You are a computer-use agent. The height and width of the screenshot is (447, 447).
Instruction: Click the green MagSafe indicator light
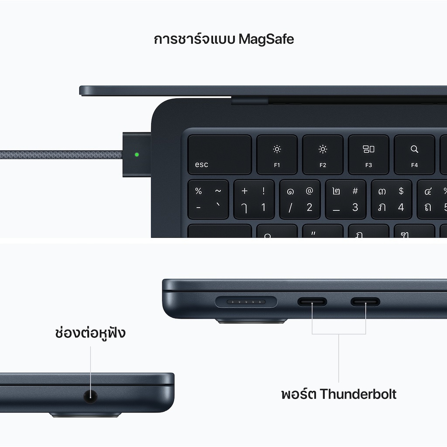click(137, 155)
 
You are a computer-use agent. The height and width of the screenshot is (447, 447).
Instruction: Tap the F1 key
click(277, 155)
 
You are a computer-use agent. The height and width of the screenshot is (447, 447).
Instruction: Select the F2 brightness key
click(323, 155)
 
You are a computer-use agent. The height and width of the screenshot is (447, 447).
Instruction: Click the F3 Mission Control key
click(368, 155)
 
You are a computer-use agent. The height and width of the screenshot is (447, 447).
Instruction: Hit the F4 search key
click(415, 155)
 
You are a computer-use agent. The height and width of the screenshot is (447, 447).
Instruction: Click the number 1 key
click(254, 199)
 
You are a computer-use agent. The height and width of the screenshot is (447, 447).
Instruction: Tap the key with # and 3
click(346, 199)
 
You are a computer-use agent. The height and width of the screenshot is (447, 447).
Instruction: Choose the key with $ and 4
click(392, 199)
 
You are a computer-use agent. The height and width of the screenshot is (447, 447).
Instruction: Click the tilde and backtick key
click(208, 199)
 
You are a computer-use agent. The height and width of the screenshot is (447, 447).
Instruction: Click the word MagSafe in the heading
click(266, 39)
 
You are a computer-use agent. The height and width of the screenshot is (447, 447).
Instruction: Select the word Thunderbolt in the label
click(358, 394)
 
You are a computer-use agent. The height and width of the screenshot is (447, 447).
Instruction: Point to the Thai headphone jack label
click(90, 333)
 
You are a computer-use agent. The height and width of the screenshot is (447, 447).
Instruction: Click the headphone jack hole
click(90, 396)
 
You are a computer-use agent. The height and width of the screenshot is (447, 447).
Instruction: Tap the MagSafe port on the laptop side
click(246, 302)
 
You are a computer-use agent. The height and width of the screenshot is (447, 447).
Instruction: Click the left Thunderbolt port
click(312, 302)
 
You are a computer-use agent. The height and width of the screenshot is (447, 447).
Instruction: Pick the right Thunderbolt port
click(365, 302)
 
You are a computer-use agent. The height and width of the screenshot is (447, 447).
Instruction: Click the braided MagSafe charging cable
click(61, 155)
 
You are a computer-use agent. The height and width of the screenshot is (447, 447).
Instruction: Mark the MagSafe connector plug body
click(137, 155)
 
